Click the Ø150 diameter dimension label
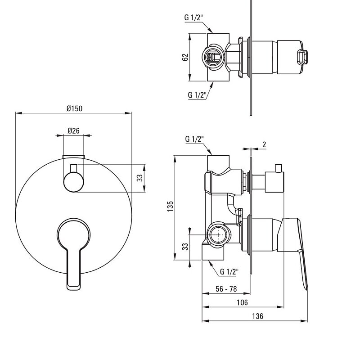pyautogui.click(x=74, y=108)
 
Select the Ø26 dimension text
pyautogui.click(x=74, y=130)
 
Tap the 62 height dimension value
pyautogui.click(x=185, y=57)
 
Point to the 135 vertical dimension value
pyautogui.click(x=170, y=207)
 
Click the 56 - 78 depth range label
pyautogui.click(x=226, y=289)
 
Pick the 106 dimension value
pyautogui.click(x=243, y=302)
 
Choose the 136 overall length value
pyautogui.click(x=257, y=316)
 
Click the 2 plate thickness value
pyautogui.click(x=264, y=144)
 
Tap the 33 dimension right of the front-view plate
pyautogui.click(x=139, y=178)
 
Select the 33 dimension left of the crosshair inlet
pyautogui.click(x=185, y=246)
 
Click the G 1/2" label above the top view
pyautogui.click(x=194, y=18)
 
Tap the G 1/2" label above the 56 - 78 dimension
pyautogui.click(x=229, y=272)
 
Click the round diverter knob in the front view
pyautogui.click(x=73, y=182)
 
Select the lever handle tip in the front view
pyautogui.click(x=74, y=287)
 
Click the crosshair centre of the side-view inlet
pyautogui.click(x=218, y=234)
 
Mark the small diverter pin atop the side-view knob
pyautogui.click(x=279, y=168)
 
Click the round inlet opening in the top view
pyautogui.click(x=212, y=57)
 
